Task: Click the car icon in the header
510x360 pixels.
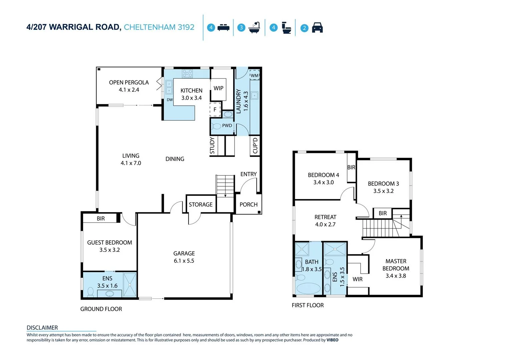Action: pyautogui.click(x=317, y=28)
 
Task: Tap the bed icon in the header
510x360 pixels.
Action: pyautogui.click(x=223, y=28)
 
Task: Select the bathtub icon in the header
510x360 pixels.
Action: pyautogui.click(x=254, y=28)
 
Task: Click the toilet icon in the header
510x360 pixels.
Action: pyautogui.click(x=286, y=28)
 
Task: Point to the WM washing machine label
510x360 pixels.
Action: pyautogui.click(x=254, y=75)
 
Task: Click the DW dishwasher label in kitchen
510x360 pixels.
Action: pyautogui.click(x=170, y=100)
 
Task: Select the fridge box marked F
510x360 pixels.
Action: pyautogui.click(x=215, y=110)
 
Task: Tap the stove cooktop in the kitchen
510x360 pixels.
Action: pyautogui.click(x=187, y=73)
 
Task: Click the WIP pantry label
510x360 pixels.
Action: pyautogui.click(x=218, y=88)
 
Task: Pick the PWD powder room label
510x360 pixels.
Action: pyautogui.click(x=227, y=126)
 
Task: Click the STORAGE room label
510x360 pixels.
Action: pyautogui.click(x=200, y=205)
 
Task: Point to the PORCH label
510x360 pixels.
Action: pyautogui.click(x=248, y=205)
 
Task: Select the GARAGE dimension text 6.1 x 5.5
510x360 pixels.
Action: pyautogui.click(x=184, y=261)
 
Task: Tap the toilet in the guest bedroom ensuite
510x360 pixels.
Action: pyautogui.click(x=90, y=292)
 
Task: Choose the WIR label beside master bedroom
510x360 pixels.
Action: pyautogui.click(x=358, y=279)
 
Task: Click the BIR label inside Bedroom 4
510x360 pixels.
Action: pyautogui.click(x=351, y=167)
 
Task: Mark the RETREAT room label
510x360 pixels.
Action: pyautogui.click(x=325, y=217)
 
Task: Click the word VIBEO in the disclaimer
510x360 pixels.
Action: pyautogui.click(x=332, y=340)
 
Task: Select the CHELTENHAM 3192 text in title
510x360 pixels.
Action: pyautogui.click(x=159, y=27)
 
